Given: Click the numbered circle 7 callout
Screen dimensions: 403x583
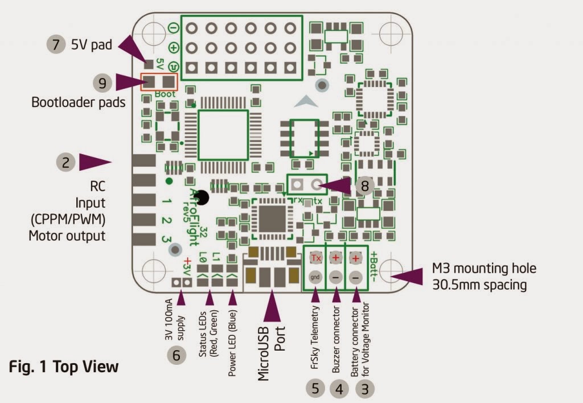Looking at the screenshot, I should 55,45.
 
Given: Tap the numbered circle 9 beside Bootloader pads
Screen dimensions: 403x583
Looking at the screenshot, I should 102,83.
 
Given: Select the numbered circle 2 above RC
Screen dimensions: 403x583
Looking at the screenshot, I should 66,162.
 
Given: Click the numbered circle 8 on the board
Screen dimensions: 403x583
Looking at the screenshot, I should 364,186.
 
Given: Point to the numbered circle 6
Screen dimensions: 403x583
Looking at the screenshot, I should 176,355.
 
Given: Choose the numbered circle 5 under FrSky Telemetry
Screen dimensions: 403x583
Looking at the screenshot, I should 315,389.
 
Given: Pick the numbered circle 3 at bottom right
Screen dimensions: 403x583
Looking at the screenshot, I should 365,389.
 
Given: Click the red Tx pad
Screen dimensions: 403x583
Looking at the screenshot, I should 316,258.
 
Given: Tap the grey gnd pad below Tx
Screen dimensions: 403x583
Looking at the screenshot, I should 316,277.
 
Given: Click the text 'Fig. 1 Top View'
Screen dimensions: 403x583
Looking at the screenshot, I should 64,367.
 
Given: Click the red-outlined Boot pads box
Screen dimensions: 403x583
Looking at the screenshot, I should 159,83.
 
